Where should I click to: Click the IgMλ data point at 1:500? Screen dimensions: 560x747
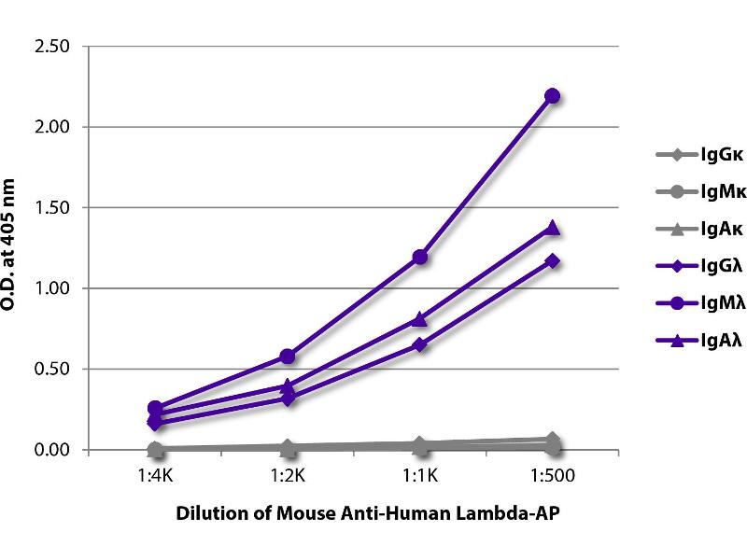pos(552,95)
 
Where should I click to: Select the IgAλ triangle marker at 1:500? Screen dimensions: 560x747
pos(552,228)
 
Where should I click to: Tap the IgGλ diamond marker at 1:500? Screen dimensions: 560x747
pos(552,260)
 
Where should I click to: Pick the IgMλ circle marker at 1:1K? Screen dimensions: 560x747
pos(419,257)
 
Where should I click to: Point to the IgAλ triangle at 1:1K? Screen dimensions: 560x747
pos(419,319)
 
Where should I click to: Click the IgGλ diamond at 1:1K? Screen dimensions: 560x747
pos(419,344)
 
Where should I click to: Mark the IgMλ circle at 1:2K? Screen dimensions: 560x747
pos(287,356)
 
